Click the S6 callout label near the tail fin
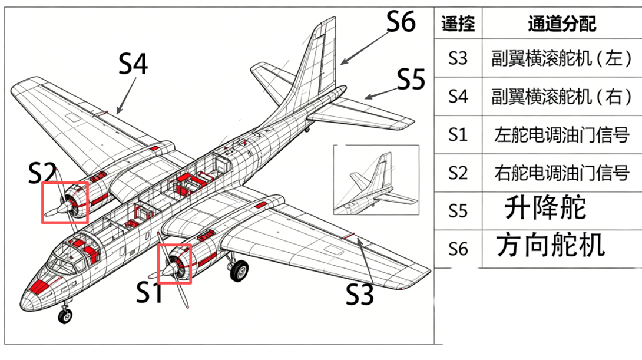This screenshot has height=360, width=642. (x=401, y=22)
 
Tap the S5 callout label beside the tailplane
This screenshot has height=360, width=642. (x=411, y=80)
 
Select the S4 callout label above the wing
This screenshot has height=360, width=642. (x=133, y=64)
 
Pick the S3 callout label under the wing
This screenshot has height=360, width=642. (x=359, y=293)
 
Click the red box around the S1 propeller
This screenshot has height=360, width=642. (x=174, y=263)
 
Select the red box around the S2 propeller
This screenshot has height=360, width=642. (x=65, y=202)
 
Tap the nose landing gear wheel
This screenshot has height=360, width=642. (x=64, y=316)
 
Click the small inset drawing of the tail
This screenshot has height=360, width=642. (x=376, y=180)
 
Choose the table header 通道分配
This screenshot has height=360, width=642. (x=561, y=24)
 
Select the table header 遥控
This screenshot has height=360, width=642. (x=458, y=24)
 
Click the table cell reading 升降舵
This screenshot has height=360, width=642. (x=545, y=209)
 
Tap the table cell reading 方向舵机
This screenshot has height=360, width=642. (x=550, y=246)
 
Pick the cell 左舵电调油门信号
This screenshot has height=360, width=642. (x=561, y=135)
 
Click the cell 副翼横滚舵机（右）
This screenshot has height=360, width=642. (x=561, y=96)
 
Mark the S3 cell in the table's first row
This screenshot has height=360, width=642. (x=458, y=58)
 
